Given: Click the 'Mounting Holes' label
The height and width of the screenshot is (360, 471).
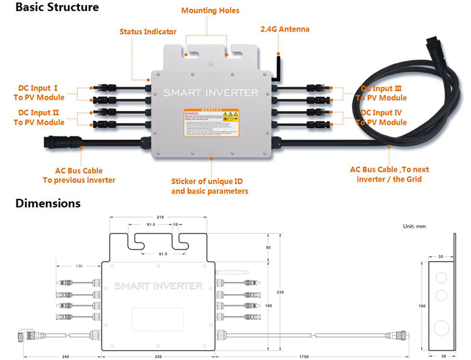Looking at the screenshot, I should coord(210,11).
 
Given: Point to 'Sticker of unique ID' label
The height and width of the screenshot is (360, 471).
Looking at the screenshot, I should coord(210,181).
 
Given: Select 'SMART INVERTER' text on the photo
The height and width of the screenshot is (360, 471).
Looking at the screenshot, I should coord(210,92).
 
